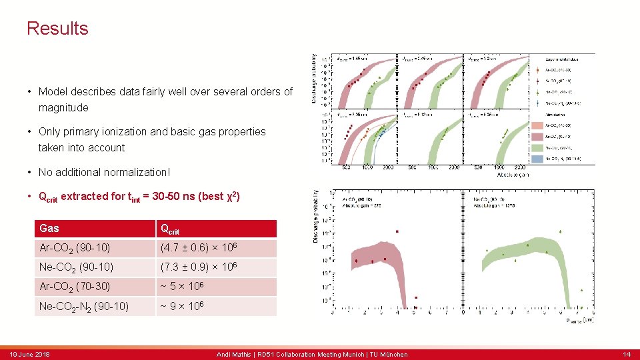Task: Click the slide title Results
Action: (57, 29)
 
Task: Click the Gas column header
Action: (49, 229)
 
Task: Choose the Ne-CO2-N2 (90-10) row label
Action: (84, 307)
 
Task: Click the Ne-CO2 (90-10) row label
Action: (76, 267)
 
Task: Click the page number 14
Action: (626, 355)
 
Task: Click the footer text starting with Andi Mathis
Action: (312, 355)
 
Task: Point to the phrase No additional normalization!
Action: (104, 172)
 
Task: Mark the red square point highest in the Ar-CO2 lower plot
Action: (397, 231)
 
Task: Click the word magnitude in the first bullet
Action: (63, 108)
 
